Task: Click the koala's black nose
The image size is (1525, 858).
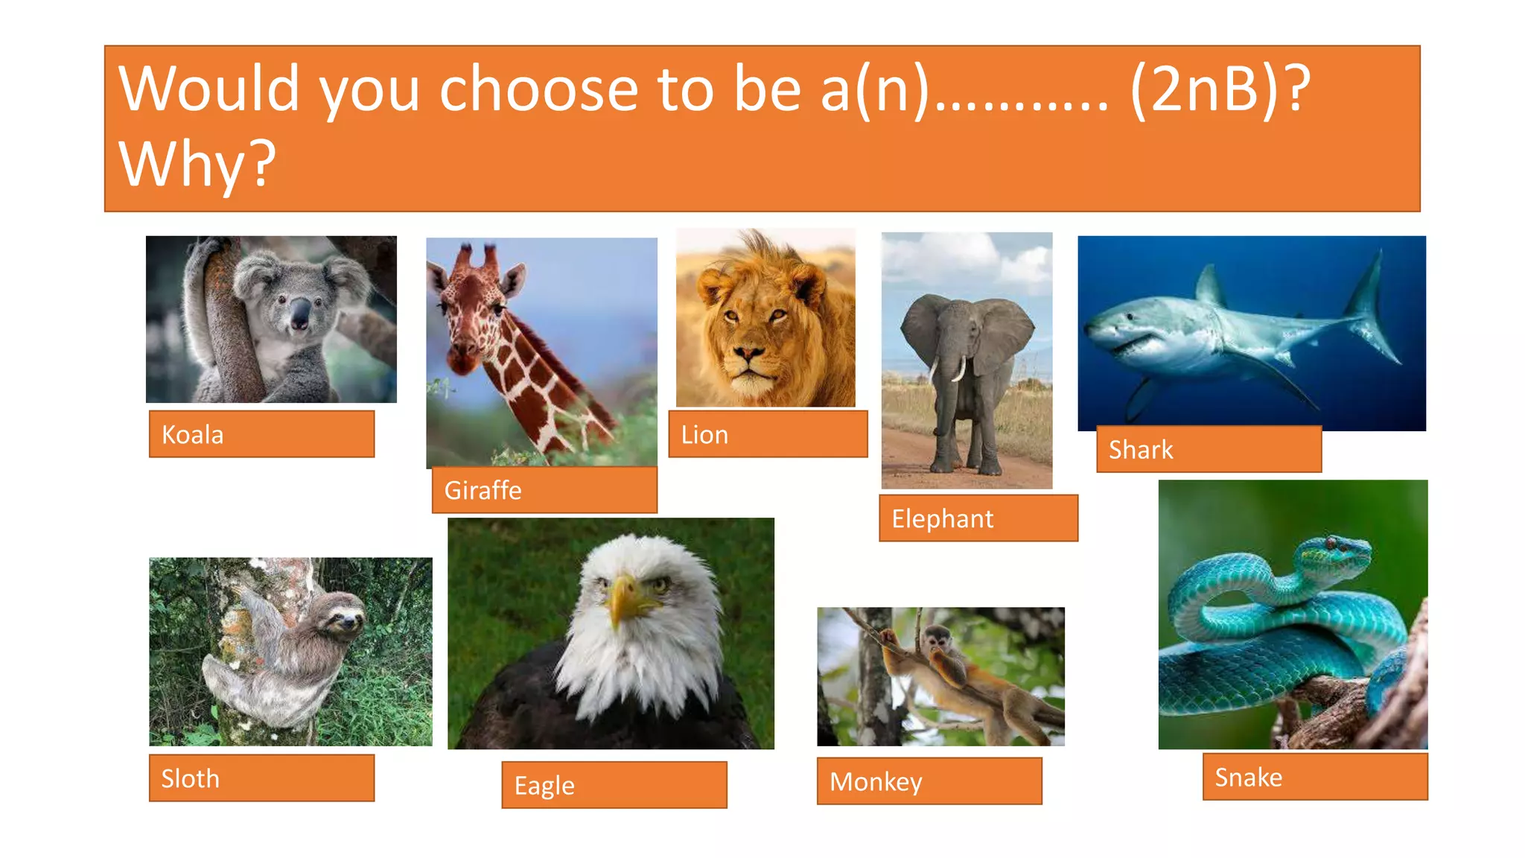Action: (x=299, y=314)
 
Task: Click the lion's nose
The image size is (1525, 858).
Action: (x=748, y=351)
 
